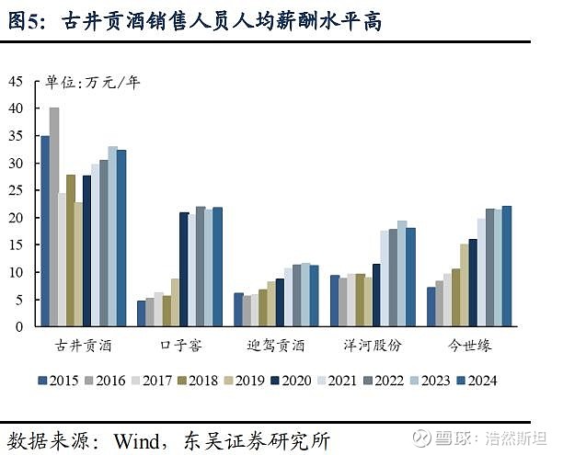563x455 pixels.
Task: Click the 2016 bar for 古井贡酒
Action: click(54, 217)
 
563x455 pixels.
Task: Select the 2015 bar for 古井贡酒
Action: click(45, 231)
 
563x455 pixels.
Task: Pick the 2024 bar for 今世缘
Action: click(507, 266)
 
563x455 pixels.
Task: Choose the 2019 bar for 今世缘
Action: click(465, 285)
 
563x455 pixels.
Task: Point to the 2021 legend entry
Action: click(349, 380)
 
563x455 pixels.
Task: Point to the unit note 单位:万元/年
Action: click(93, 83)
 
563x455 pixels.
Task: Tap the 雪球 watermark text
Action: click(451, 437)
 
